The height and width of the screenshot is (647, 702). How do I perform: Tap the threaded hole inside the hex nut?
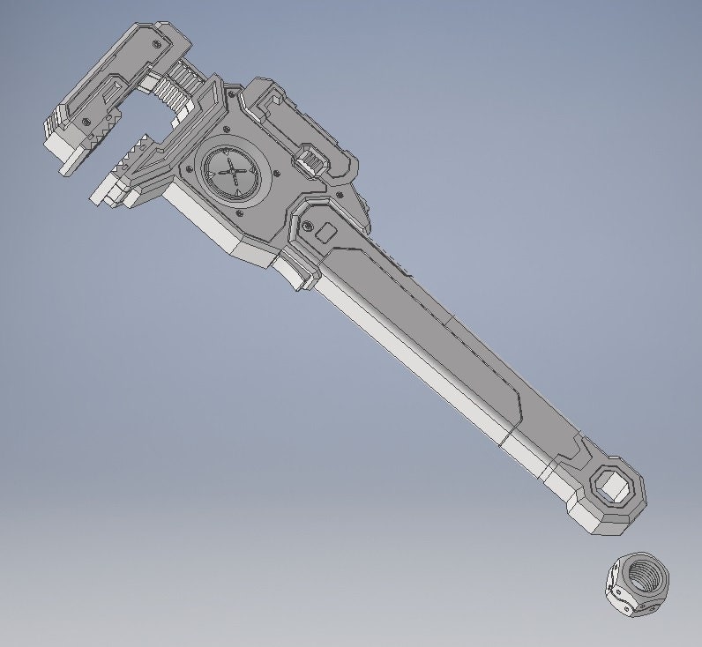[x=647, y=576]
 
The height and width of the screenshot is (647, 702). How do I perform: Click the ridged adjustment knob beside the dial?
[x=311, y=162]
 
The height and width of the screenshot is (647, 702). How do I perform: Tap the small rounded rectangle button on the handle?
[x=325, y=234]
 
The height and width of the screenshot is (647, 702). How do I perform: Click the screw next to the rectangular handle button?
[x=306, y=227]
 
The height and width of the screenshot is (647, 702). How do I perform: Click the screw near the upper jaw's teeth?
[x=85, y=121]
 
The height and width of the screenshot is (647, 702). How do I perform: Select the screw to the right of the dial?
[x=276, y=173]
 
